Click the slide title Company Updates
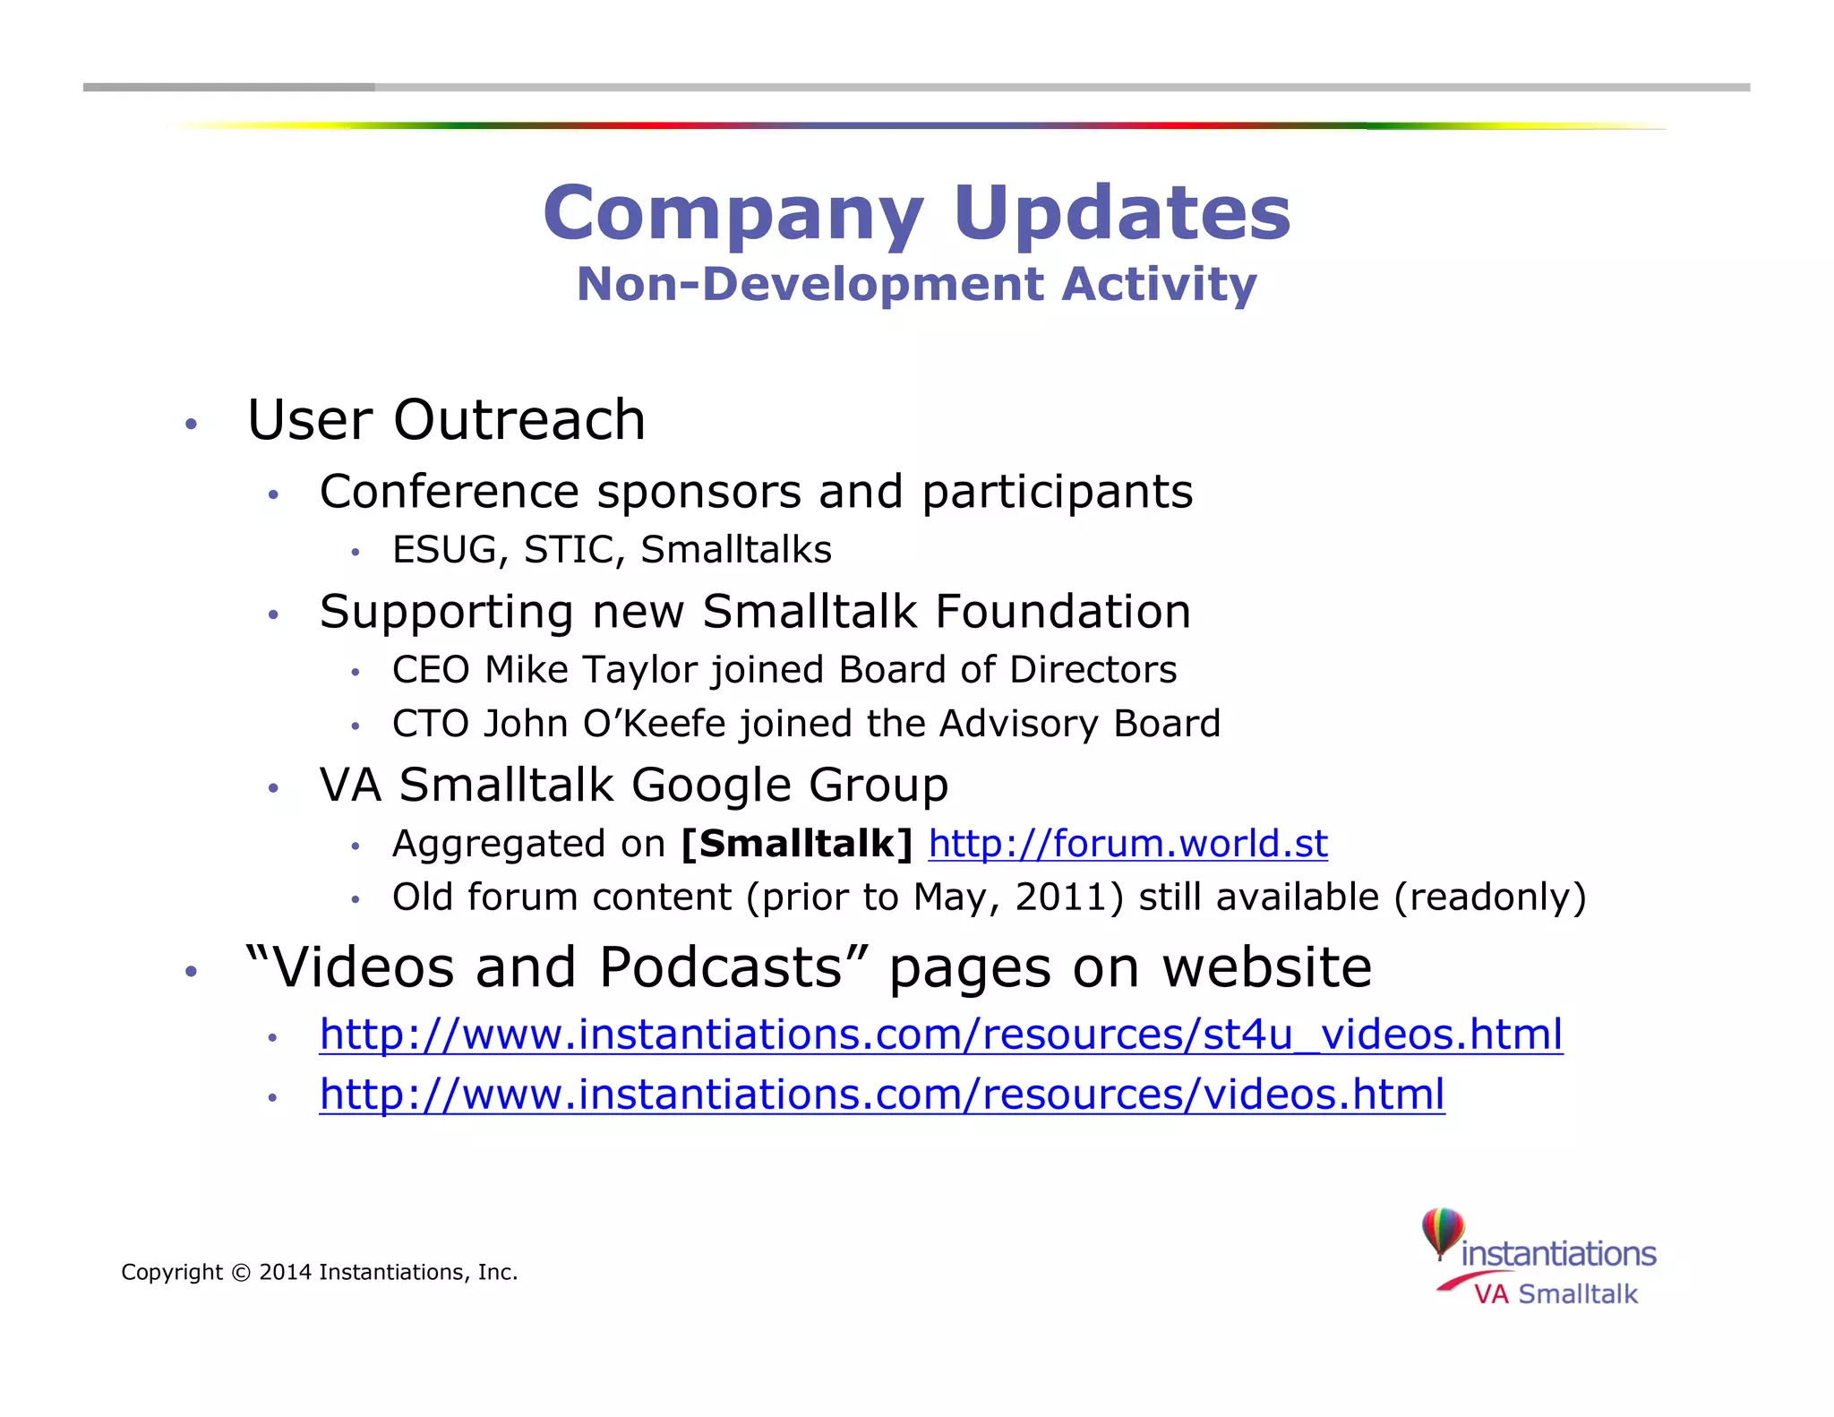click(x=917, y=213)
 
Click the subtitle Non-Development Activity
click(x=917, y=285)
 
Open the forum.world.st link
click(x=1127, y=844)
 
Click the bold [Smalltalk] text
click(x=796, y=844)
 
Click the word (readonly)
click(x=1490, y=897)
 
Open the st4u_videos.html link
click(x=941, y=1035)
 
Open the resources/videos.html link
click(x=882, y=1095)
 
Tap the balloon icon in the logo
click(x=1443, y=1232)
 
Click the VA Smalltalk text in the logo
click(x=1555, y=1294)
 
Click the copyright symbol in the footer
click(x=241, y=1273)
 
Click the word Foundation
click(x=1063, y=612)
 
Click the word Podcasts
click(x=722, y=968)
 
